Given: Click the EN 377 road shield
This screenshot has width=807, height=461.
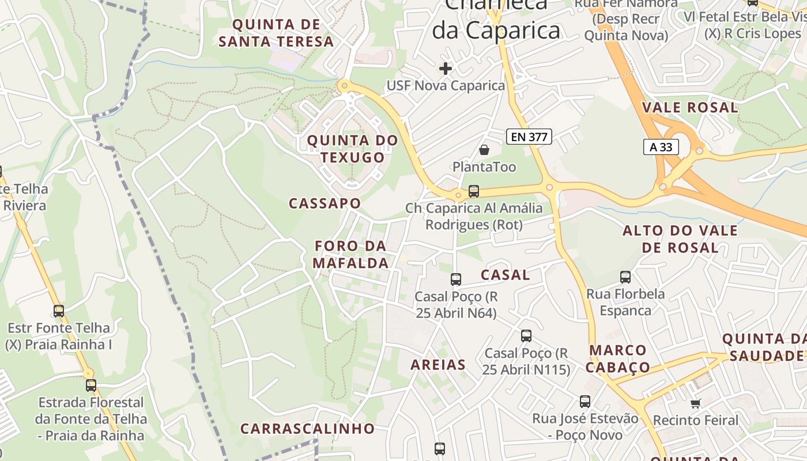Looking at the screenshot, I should click(x=529, y=137).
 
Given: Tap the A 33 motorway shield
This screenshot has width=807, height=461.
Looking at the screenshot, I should click(x=661, y=147).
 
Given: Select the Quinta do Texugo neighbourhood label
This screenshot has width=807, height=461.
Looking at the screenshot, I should click(x=352, y=149).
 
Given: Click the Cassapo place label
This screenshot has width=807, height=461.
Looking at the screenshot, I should click(x=325, y=203).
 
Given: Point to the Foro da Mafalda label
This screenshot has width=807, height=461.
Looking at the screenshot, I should click(x=350, y=255).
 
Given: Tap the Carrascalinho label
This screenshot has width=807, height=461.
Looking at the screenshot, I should click(x=307, y=429).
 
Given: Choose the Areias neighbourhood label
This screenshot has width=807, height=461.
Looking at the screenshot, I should click(x=438, y=365).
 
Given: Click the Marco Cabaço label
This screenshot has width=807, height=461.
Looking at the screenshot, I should click(x=619, y=359).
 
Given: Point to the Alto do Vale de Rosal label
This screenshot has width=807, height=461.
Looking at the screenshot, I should click(x=680, y=239).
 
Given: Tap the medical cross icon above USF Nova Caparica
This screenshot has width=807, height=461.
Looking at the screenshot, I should click(x=445, y=69).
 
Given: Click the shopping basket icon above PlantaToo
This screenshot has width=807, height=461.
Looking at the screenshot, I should click(x=484, y=150).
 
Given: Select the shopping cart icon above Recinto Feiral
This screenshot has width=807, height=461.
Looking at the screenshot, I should click(x=695, y=403).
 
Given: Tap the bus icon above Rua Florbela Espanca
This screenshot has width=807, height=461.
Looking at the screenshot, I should click(x=625, y=277).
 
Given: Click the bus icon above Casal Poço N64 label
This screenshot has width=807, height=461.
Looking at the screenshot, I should click(x=456, y=279).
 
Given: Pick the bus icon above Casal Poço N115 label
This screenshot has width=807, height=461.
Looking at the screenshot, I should click(x=526, y=336).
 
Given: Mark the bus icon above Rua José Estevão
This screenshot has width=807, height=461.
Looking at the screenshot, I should click(x=585, y=402).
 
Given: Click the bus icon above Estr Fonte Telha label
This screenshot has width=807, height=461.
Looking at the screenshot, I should click(x=58, y=311).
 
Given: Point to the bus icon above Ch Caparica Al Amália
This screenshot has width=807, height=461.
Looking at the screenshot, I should click(x=474, y=191).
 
